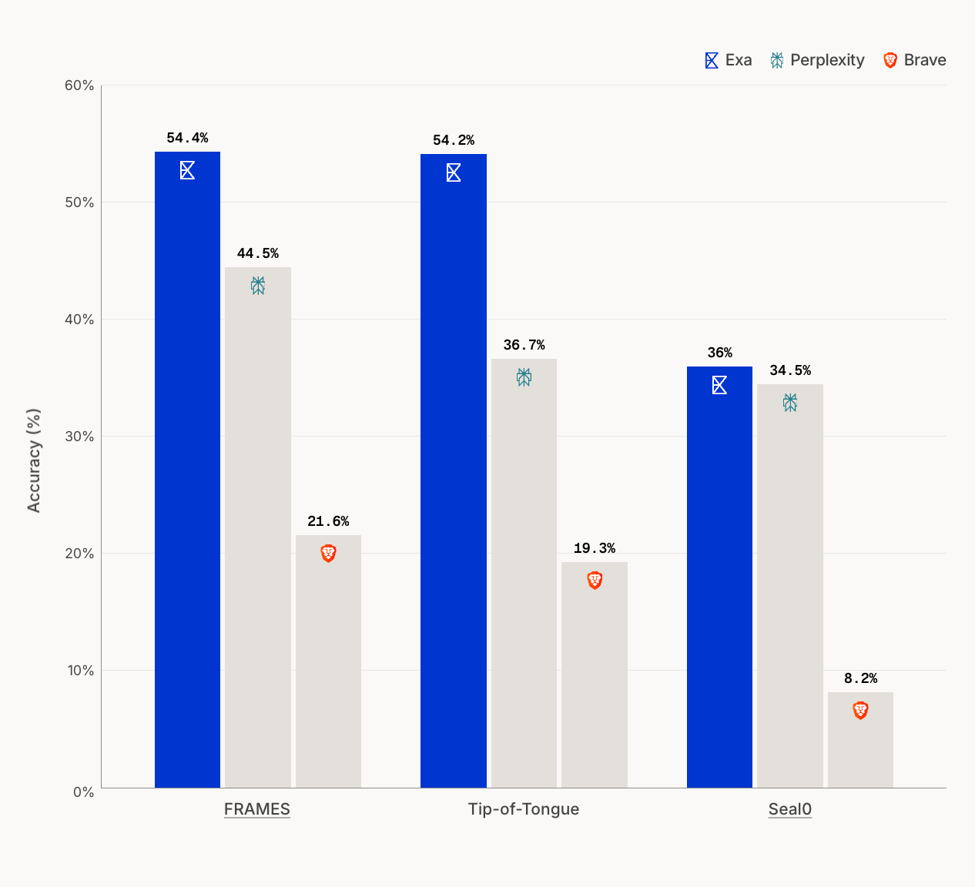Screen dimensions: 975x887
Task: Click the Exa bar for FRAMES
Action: pos(187,470)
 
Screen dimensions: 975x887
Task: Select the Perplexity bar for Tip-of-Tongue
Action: pos(524,573)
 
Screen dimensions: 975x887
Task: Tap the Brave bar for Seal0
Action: pos(860,740)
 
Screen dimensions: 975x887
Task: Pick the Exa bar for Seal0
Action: pos(719,577)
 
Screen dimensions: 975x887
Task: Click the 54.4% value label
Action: pos(187,138)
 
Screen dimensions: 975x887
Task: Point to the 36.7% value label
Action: pos(524,345)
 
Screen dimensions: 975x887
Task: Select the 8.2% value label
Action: pos(860,678)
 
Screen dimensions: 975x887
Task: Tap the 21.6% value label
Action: pos(328,521)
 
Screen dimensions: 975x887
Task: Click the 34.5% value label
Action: pos(790,371)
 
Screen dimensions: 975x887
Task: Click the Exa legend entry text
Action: pos(739,60)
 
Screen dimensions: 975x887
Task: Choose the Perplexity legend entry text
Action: pos(827,60)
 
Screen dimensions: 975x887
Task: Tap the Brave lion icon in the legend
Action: pos(890,60)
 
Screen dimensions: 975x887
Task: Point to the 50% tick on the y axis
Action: pos(79,203)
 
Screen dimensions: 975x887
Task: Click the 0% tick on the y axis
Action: pos(83,793)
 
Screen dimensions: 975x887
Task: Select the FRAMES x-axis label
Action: pos(256,809)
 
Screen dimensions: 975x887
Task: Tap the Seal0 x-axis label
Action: pos(790,809)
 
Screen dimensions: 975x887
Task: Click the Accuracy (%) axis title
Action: pos(34,460)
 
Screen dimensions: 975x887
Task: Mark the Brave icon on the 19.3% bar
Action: pos(595,581)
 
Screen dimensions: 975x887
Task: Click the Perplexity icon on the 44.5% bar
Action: pos(257,286)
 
